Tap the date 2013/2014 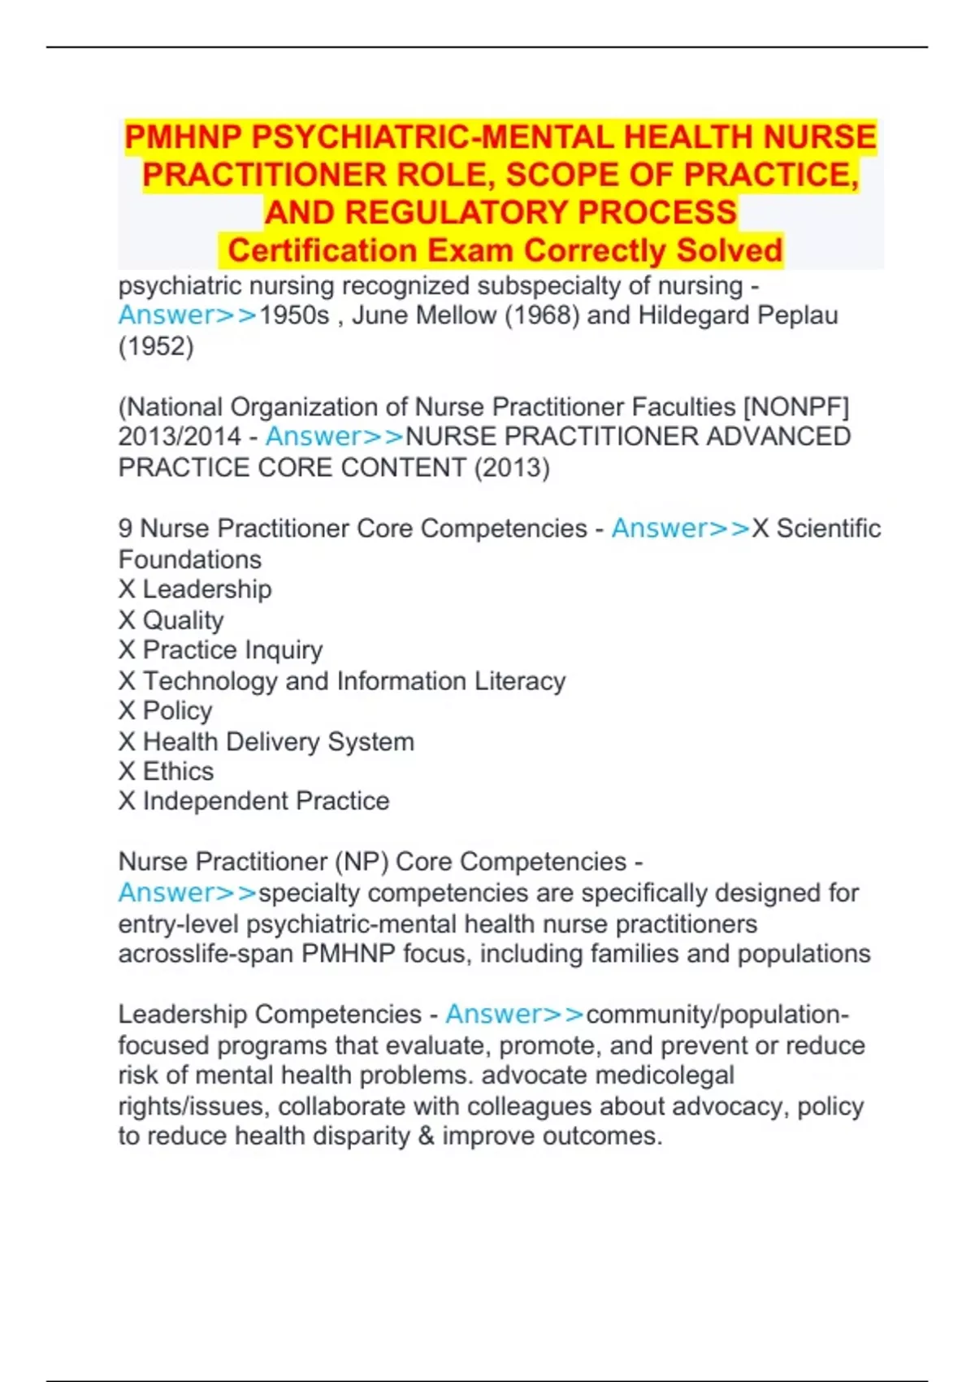180,437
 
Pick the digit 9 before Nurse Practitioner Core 125,528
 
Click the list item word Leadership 207,589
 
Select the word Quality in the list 183,620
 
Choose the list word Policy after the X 177,711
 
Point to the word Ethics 178,771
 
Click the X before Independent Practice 127,802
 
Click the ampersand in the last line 426,1136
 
